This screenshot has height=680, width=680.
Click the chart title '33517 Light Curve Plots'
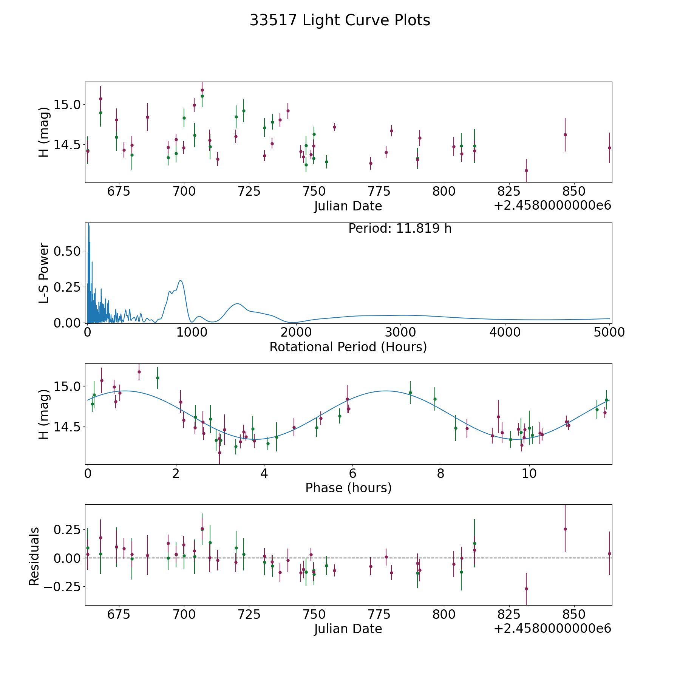click(340, 20)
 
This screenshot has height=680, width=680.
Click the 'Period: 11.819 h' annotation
click(400, 229)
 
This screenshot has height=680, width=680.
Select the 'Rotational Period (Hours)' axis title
click(348, 347)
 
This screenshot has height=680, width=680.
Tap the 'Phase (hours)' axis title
click(348, 488)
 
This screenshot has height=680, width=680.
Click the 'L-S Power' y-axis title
click(44, 273)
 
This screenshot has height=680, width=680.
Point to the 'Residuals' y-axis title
click(34, 556)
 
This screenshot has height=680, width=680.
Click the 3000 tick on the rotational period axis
click(400, 332)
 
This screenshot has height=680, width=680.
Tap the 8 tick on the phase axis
click(441, 473)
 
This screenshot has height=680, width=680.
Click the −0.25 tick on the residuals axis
click(62, 587)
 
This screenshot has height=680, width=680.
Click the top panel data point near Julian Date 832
click(526, 170)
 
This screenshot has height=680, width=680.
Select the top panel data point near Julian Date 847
click(565, 134)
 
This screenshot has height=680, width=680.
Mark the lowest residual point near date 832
click(526, 589)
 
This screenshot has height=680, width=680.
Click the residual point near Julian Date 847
click(565, 529)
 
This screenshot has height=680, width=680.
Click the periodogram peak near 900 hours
click(181, 281)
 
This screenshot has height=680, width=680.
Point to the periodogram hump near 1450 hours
click(237, 304)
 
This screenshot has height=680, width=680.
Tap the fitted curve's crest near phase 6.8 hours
click(385, 391)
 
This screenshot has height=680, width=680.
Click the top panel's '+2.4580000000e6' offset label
click(552, 206)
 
